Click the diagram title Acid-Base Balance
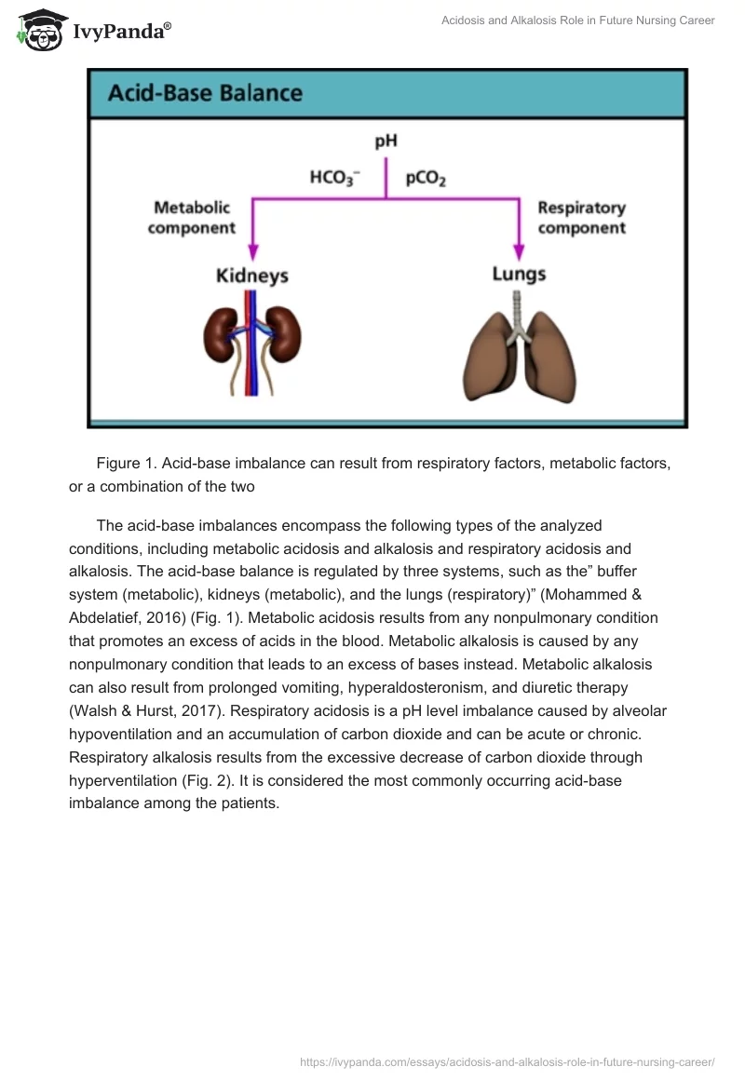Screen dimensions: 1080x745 205,93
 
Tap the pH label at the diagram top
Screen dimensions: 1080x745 386,142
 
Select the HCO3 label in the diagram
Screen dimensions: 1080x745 335,178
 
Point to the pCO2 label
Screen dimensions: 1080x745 426,178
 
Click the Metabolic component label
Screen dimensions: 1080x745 192,217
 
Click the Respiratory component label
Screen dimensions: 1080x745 581,217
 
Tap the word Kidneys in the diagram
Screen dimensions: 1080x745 251,276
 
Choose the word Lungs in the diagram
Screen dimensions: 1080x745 519,274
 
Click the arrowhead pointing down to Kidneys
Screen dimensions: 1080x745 252,252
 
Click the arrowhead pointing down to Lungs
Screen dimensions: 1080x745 519,251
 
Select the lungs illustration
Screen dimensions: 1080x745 519,358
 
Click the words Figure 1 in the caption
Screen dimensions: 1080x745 127,463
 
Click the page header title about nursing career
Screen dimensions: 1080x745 577,20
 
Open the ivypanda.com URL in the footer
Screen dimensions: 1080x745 507,1061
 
